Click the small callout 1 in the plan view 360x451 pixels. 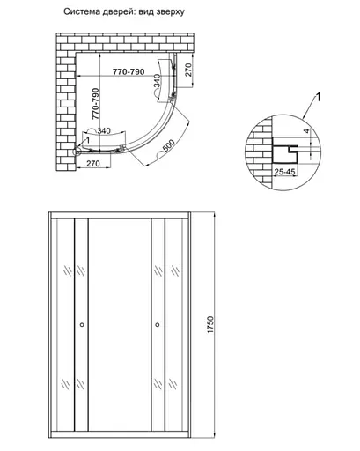tap(87, 140)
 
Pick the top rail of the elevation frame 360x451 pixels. tap(121, 216)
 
